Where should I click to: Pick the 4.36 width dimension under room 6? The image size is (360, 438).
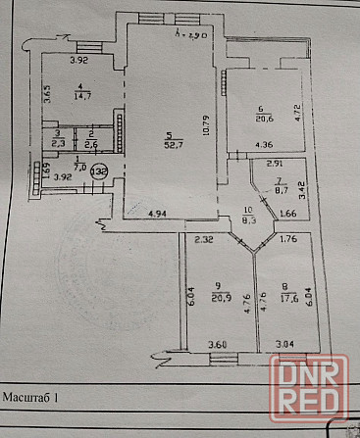tap(265, 146)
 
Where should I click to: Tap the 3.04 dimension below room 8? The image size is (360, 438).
tap(283, 345)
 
